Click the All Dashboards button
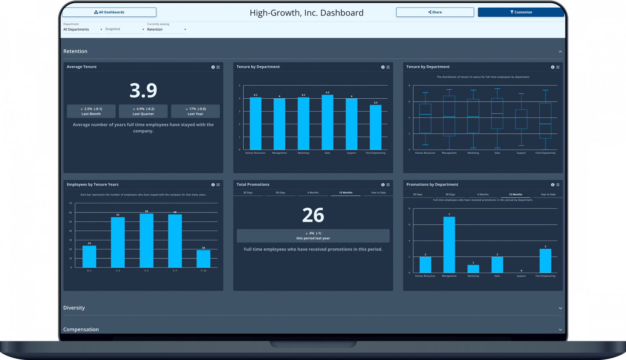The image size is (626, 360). [x=109, y=12]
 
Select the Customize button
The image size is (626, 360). [x=521, y=12]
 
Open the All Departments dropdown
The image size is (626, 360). [x=83, y=29]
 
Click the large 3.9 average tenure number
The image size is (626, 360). [x=143, y=91]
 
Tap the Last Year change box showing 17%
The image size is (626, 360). [x=195, y=111]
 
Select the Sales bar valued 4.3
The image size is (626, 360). [x=327, y=122]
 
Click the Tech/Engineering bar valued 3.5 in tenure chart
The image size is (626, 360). [x=375, y=127]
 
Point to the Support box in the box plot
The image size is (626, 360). [x=521, y=119]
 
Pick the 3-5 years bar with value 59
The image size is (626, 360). [x=146, y=241]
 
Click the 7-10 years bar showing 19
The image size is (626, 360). [x=203, y=259]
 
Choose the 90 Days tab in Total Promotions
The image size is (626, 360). [x=280, y=192]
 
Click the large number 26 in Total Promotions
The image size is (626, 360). [x=313, y=215]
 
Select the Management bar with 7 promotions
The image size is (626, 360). [x=449, y=245]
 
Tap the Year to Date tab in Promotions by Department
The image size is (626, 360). [x=548, y=194]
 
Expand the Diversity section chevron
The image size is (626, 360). [x=560, y=308]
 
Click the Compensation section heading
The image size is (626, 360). [x=81, y=329]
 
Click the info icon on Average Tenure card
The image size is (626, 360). [x=213, y=67]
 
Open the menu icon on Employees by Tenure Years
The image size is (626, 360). [x=218, y=185]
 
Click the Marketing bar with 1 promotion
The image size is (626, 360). [x=473, y=269]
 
